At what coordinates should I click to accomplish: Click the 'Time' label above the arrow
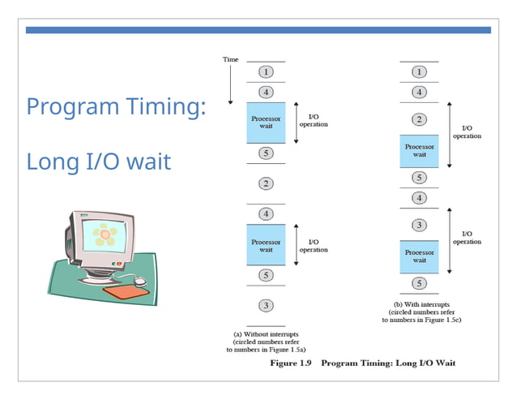tap(230, 59)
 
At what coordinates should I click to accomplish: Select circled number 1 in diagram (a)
tap(266, 71)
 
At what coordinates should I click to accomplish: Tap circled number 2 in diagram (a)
tap(266, 184)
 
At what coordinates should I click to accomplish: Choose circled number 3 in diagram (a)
tap(266, 305)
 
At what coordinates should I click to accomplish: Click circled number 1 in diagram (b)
tap(419, 71)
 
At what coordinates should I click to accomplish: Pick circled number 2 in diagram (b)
tap(419, 120)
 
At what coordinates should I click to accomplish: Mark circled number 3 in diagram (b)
tap(419, 225)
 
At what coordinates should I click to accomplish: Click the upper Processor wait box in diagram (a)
tap(266, 123)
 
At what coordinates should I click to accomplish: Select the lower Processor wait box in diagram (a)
tap(266, 245)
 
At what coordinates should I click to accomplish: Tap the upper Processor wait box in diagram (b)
tap(419, 151)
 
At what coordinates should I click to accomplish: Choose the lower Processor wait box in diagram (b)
tap(419, 256)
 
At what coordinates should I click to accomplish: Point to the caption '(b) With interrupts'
tap(418, 305)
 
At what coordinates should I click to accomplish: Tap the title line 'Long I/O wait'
tap(98, 161)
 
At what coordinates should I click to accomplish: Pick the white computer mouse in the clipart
tap(139, 281)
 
